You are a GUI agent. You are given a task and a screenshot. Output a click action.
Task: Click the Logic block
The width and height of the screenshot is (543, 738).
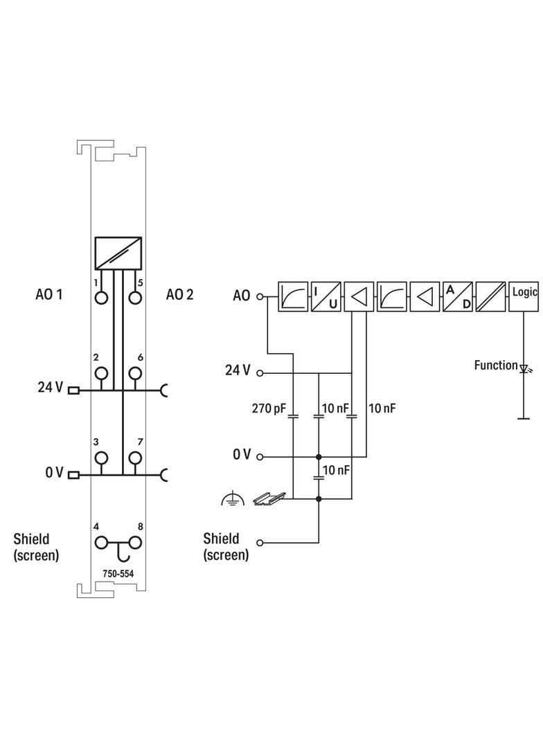pos(524,297)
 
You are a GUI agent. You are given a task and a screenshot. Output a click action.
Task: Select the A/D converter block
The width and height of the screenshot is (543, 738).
pos(457,297)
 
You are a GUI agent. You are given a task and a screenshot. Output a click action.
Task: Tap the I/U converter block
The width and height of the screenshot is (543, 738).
pos(326,297)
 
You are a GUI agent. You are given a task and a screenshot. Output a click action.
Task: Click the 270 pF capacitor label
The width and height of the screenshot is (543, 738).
pos(270,409)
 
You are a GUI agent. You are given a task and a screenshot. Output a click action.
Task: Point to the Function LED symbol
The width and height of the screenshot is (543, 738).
pos(524,369)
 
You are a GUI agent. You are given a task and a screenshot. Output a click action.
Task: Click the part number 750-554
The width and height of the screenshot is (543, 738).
pos(118,574)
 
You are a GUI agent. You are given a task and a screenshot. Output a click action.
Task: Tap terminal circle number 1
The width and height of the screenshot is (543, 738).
pos(102,298)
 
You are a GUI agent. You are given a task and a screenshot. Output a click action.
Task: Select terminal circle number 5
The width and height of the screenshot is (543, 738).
pos(135,298)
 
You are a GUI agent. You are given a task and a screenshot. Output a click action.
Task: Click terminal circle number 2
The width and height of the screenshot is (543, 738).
pos(102,373)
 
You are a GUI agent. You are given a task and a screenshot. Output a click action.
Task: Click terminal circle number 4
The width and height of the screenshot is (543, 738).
pos(102,543)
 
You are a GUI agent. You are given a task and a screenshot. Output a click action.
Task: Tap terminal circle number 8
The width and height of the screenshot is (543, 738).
pos(135,543)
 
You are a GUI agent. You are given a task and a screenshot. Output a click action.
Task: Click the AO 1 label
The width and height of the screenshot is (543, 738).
pos(49,295)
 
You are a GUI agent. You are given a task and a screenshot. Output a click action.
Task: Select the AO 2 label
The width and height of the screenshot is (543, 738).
pos(180,295)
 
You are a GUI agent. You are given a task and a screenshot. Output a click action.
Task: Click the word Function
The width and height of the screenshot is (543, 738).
pos(495,365)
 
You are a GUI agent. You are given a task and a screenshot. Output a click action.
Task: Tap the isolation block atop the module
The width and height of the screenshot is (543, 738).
pos(118,253)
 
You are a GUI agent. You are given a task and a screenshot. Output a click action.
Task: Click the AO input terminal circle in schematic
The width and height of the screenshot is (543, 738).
pos(260,297)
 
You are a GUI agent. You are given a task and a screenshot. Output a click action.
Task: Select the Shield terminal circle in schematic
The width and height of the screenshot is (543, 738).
pos(260,543)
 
